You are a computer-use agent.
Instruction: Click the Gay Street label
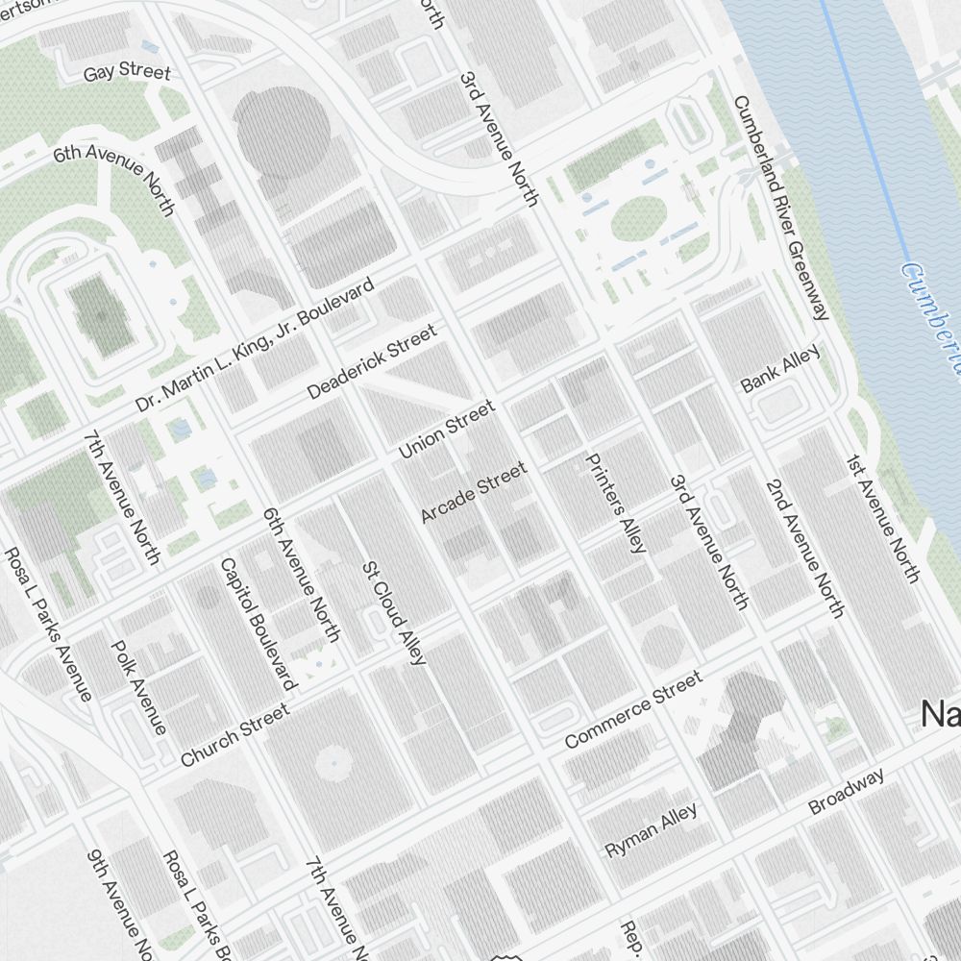126,73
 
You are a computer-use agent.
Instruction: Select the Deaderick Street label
371,362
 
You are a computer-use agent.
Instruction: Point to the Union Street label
447,429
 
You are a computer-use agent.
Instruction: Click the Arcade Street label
474,492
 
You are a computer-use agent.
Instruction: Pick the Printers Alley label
616,503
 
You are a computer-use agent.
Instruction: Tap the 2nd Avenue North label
805,548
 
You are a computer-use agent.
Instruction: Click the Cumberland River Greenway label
780,208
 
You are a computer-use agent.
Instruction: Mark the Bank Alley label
780,370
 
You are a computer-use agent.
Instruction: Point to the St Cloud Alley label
393,612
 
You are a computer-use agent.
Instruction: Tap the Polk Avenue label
139,686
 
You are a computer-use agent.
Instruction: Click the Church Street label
234,735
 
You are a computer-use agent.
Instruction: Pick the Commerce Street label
633,710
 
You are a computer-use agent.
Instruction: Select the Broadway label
846,791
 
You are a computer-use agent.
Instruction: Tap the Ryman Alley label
651,830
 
